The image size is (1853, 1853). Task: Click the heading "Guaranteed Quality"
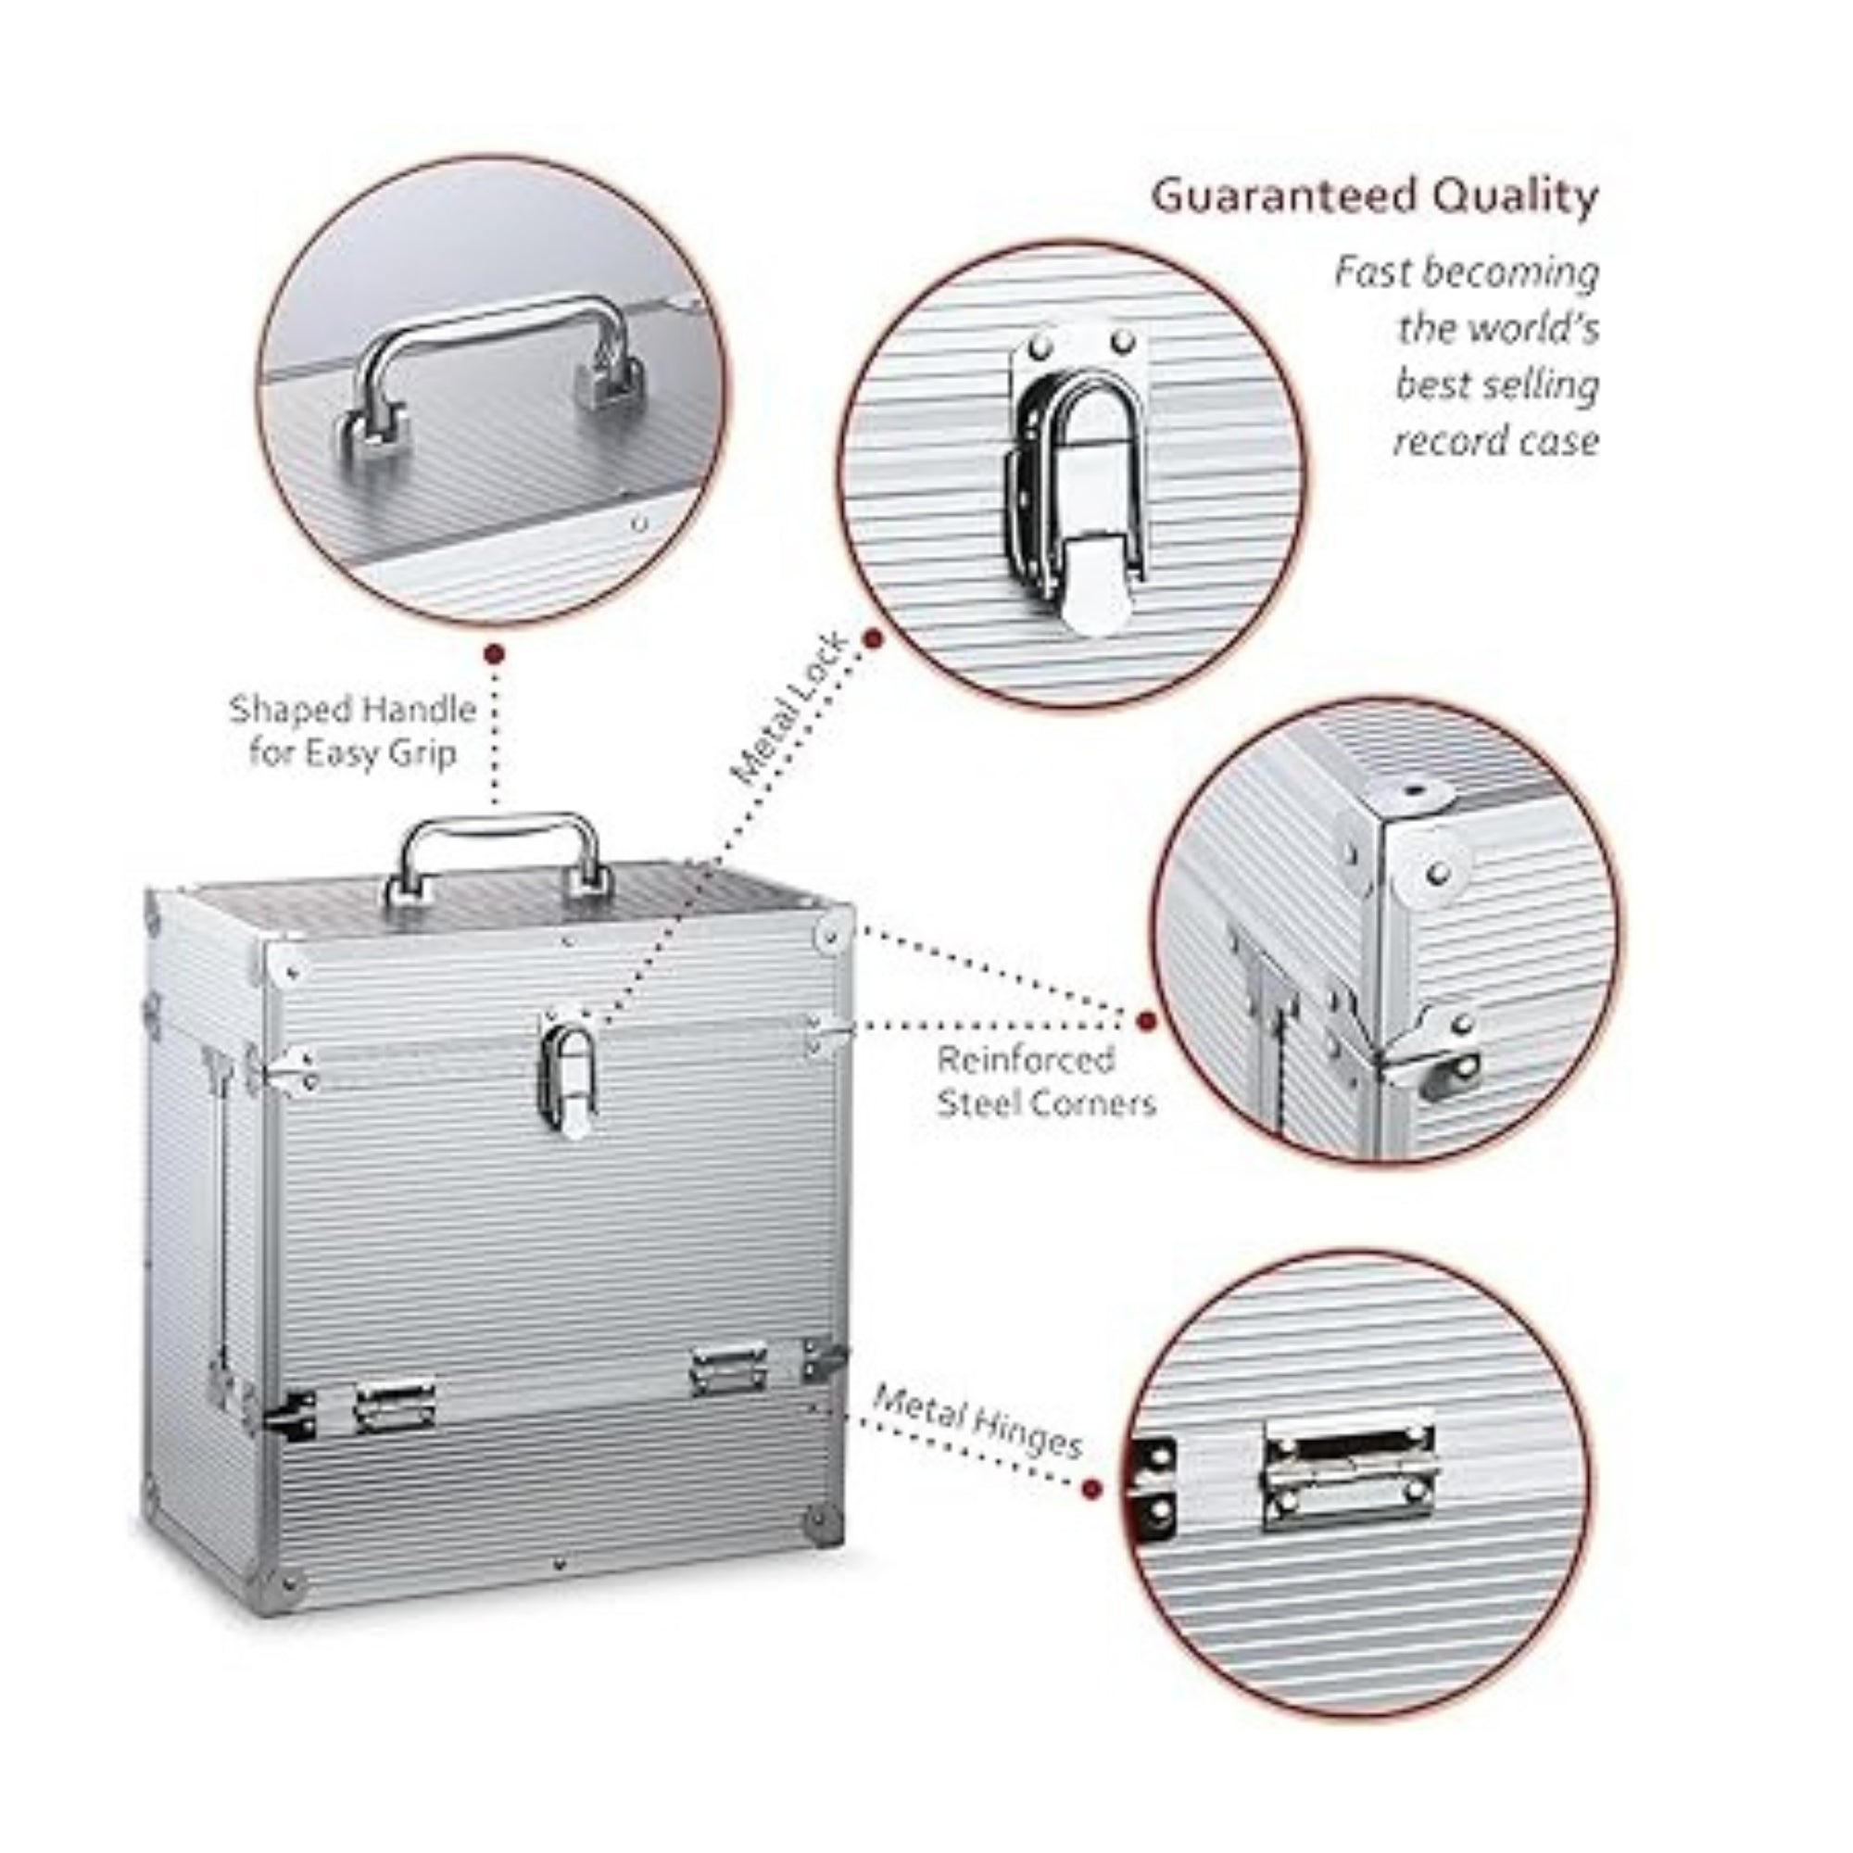point(1374,196)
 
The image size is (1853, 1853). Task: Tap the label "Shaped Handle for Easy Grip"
point(352,731)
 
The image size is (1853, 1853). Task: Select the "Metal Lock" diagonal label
point(790,709)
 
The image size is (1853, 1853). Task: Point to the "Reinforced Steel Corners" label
point(1046,1081)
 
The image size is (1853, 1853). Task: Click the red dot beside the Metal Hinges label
point(1091,1516)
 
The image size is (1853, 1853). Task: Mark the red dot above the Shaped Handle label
point(494,655)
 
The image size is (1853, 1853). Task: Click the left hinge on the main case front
point(393,1406)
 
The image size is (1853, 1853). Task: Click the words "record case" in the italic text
point(1496,441)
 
